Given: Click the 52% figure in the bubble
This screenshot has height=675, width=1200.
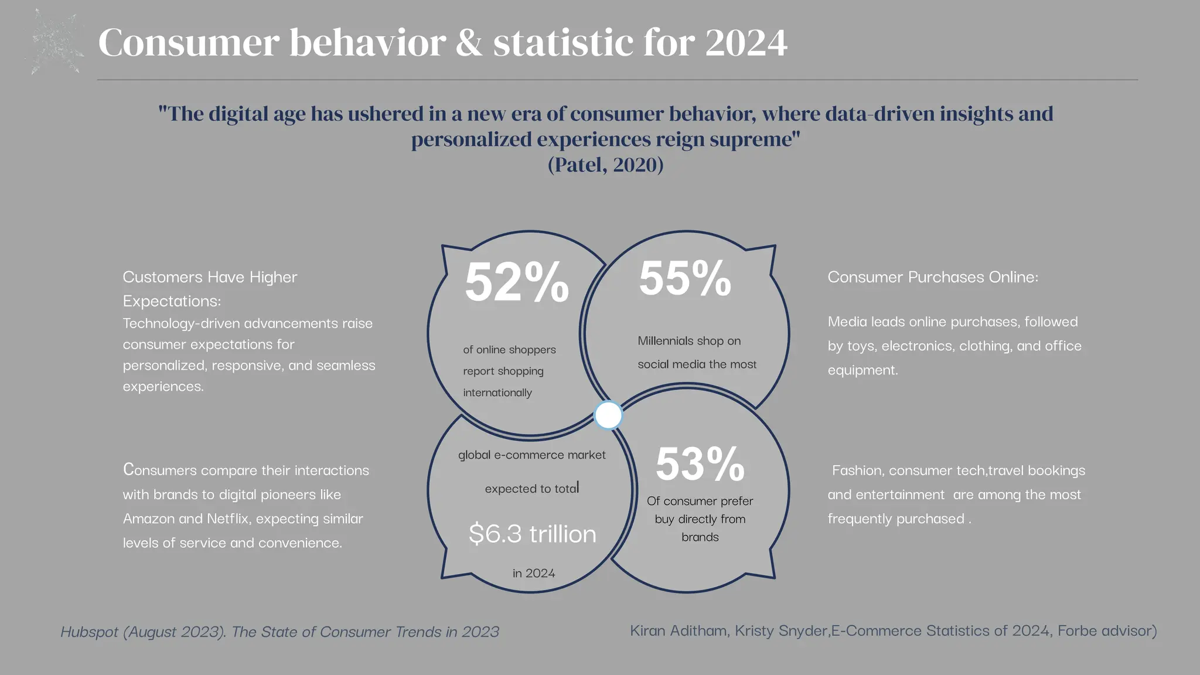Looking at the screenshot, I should (516, 283).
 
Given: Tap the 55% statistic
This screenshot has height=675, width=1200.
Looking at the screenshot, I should (684, 279).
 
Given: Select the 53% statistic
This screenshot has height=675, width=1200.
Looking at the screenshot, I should (700, 465).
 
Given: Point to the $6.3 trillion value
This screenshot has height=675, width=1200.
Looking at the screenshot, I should (532, 534).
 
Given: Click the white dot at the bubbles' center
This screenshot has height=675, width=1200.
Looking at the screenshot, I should (608, 415).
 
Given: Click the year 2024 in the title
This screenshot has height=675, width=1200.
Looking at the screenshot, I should (746, 43).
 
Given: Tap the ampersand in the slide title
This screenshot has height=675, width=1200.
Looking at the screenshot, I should (469, 43).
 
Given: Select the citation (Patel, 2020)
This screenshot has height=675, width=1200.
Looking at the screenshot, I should (605, 165).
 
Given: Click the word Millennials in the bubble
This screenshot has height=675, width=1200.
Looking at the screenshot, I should (665, 340).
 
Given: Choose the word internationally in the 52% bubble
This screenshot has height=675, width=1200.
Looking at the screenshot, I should (497, 393).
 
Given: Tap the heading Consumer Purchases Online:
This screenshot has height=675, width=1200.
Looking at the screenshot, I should (932, 277).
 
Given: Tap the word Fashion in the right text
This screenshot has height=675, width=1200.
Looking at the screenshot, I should (856, 471).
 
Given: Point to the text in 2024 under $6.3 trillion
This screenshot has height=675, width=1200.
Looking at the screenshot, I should (533, 573).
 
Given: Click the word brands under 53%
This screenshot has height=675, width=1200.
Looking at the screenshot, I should (700, 537).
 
